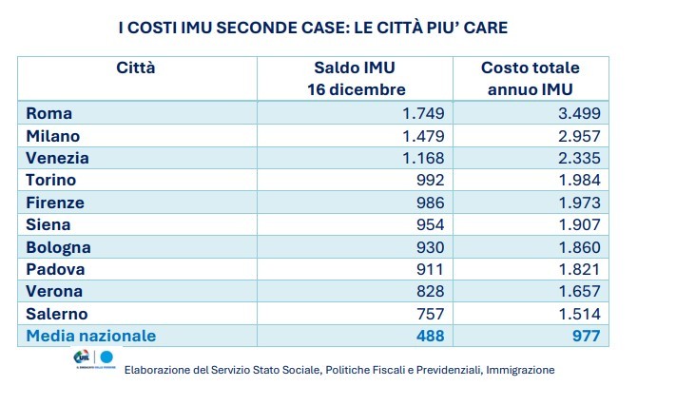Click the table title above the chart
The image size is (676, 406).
tap(313, 28)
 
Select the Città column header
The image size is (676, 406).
tap(136, 68)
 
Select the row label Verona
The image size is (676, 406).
tap(54, 291)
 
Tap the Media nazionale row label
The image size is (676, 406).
tap(90, 336)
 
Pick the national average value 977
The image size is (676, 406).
tap(585, 336)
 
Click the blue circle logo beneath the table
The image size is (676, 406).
tap(106, 358)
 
